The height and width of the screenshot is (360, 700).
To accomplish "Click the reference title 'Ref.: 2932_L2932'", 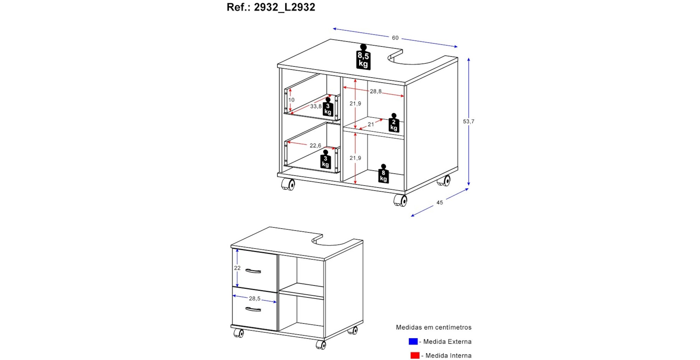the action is pyautogui.click(x=271, y=7).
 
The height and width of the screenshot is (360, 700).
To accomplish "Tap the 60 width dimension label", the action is pyautogui.click(x=395, y=38).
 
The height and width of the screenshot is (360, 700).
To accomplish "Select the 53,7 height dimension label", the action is pyautogui.click(x=469, y=122).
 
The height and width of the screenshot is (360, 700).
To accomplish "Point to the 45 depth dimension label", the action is pyautogui.click(x=440, y=202).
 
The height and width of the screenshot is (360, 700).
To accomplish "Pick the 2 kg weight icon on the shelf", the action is pyautogui.click(x=394, y=123).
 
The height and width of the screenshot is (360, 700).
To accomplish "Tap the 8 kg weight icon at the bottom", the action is pyautogui.click(x=384, y=174).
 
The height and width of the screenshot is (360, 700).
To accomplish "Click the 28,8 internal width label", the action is pyautogui.click(x=376, y=91).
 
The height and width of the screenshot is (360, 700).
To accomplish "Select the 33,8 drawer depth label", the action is pyautogui.click(x=316, y=106).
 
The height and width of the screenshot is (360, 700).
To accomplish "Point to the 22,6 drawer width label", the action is pyautogui.click(x=315, y=145).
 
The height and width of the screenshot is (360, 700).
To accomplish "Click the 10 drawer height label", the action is pyautogui.click(x=291, y=100).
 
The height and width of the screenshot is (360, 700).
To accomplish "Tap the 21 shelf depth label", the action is pyautogui.click(x=371, y=124).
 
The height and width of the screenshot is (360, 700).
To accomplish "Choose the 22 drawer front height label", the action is pyautogui.click(x=237, y=268).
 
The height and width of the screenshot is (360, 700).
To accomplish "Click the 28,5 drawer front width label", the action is pyautogui.click(x=254, y=298).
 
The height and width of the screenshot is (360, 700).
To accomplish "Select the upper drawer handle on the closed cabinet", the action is pyautogui.click(x=253, y=271).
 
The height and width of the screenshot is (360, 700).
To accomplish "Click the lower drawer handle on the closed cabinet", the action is pyautogui.click(x=253, y=309).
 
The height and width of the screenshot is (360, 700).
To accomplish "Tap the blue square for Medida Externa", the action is pyautogui.click(x=413, y=341).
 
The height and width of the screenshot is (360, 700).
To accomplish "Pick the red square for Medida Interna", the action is pyautogui.click(x=415, y=355).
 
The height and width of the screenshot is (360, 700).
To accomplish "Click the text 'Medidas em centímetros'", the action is pyautogui.click(x=434, y=327).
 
